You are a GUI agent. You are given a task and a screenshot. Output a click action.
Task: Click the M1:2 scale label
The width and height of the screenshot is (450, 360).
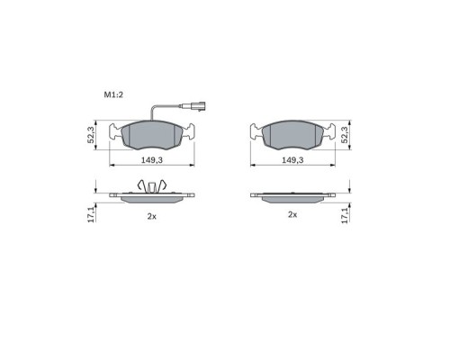pos(113,94)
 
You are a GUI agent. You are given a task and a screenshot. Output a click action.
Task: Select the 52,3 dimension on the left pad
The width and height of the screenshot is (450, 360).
pos(91,135)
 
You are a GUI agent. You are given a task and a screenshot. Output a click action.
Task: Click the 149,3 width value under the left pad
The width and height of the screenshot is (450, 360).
pos(152,160)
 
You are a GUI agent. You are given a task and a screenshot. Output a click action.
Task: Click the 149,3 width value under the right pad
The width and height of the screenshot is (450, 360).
pos(292,160)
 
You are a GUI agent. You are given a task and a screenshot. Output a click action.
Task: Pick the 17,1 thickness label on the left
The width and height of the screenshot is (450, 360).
pos(91,214)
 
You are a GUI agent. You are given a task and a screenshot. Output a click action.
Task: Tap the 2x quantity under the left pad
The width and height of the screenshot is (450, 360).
pos(152,216)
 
